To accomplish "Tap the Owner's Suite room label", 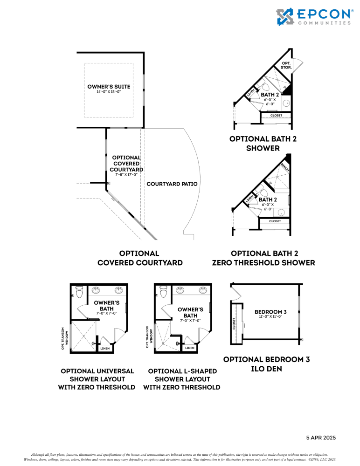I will point(109,87).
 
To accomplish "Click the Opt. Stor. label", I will point(286,65).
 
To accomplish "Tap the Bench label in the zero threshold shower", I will point(284,168).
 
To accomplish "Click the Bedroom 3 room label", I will point(270,312).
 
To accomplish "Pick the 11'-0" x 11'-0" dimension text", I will point(270,317).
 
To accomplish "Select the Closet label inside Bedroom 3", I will point(234,323).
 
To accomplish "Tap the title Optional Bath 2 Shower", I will point(263,144).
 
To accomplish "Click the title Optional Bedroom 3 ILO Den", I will point(266,364).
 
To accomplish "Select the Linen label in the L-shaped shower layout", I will point(189,348).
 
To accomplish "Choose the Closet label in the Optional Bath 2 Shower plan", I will point(276,115).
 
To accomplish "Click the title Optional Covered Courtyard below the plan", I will point(139,258).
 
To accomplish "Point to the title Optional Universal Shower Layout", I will point(97,379).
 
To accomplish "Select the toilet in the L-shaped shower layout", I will point(163,292).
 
